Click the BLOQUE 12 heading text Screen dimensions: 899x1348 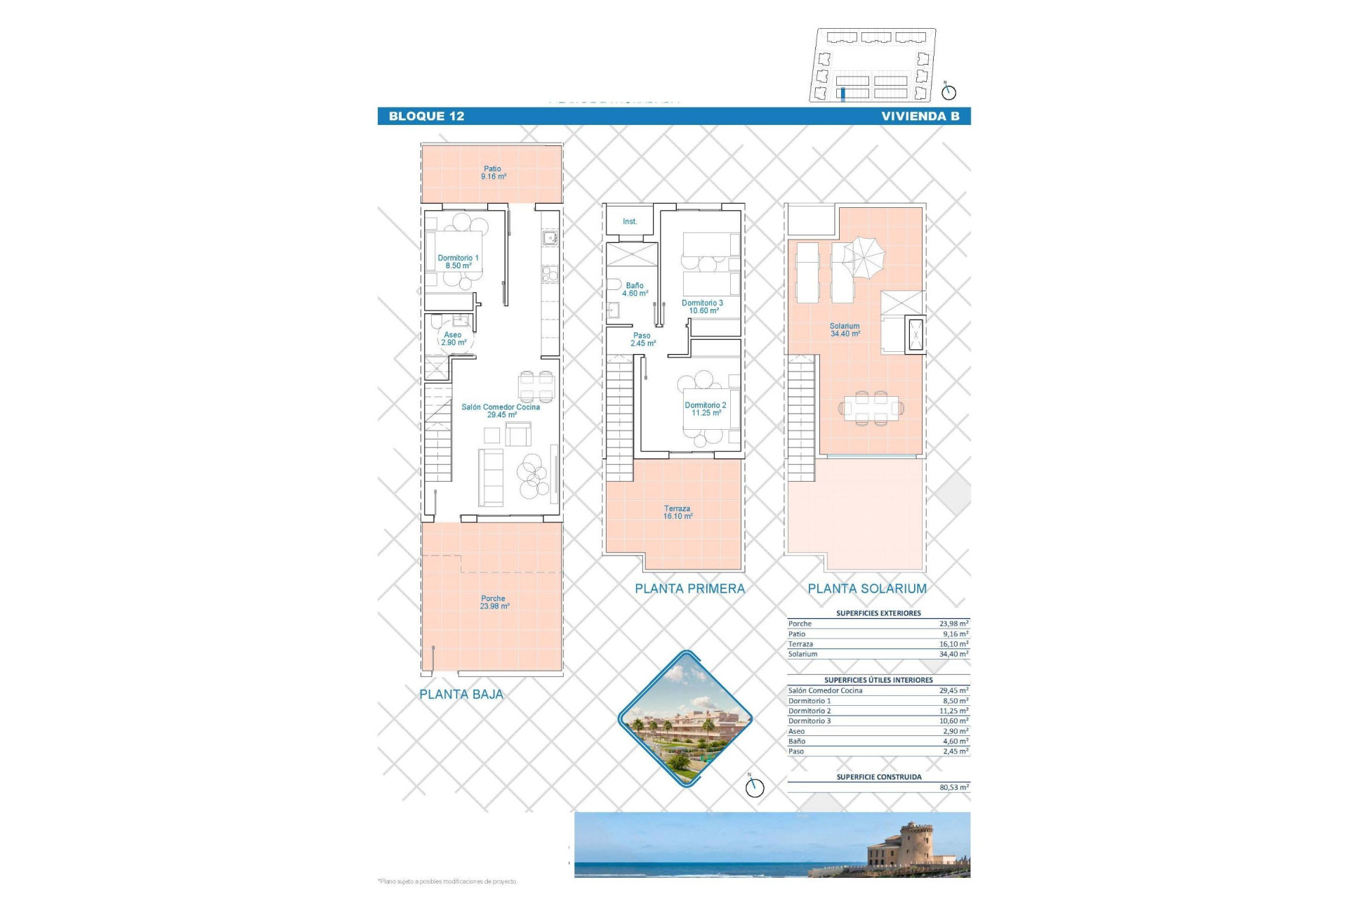click(426, 117)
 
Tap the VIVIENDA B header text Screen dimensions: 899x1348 click(920, 117)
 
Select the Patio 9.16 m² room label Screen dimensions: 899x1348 click(493, 173)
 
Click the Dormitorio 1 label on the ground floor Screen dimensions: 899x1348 click(458, 262)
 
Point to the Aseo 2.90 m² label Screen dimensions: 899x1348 click(453, 339)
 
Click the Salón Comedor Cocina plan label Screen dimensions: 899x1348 click(501, 411)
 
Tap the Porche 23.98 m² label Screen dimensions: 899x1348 click(494, 603)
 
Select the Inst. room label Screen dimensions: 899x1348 click(630, 222)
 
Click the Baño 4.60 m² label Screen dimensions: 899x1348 click(635, 289)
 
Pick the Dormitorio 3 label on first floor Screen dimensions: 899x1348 click(702, 307)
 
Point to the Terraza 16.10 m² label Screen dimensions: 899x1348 click(678, 512)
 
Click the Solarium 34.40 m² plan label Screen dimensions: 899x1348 click(845, 330)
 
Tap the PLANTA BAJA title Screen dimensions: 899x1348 click(461, 695)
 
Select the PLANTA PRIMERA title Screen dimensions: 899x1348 click(689, 589)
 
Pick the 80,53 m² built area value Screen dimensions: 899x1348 click(953, 787)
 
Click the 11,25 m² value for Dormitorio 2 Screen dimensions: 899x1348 click(953, 711)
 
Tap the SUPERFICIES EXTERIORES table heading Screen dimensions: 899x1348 click(878, 613)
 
